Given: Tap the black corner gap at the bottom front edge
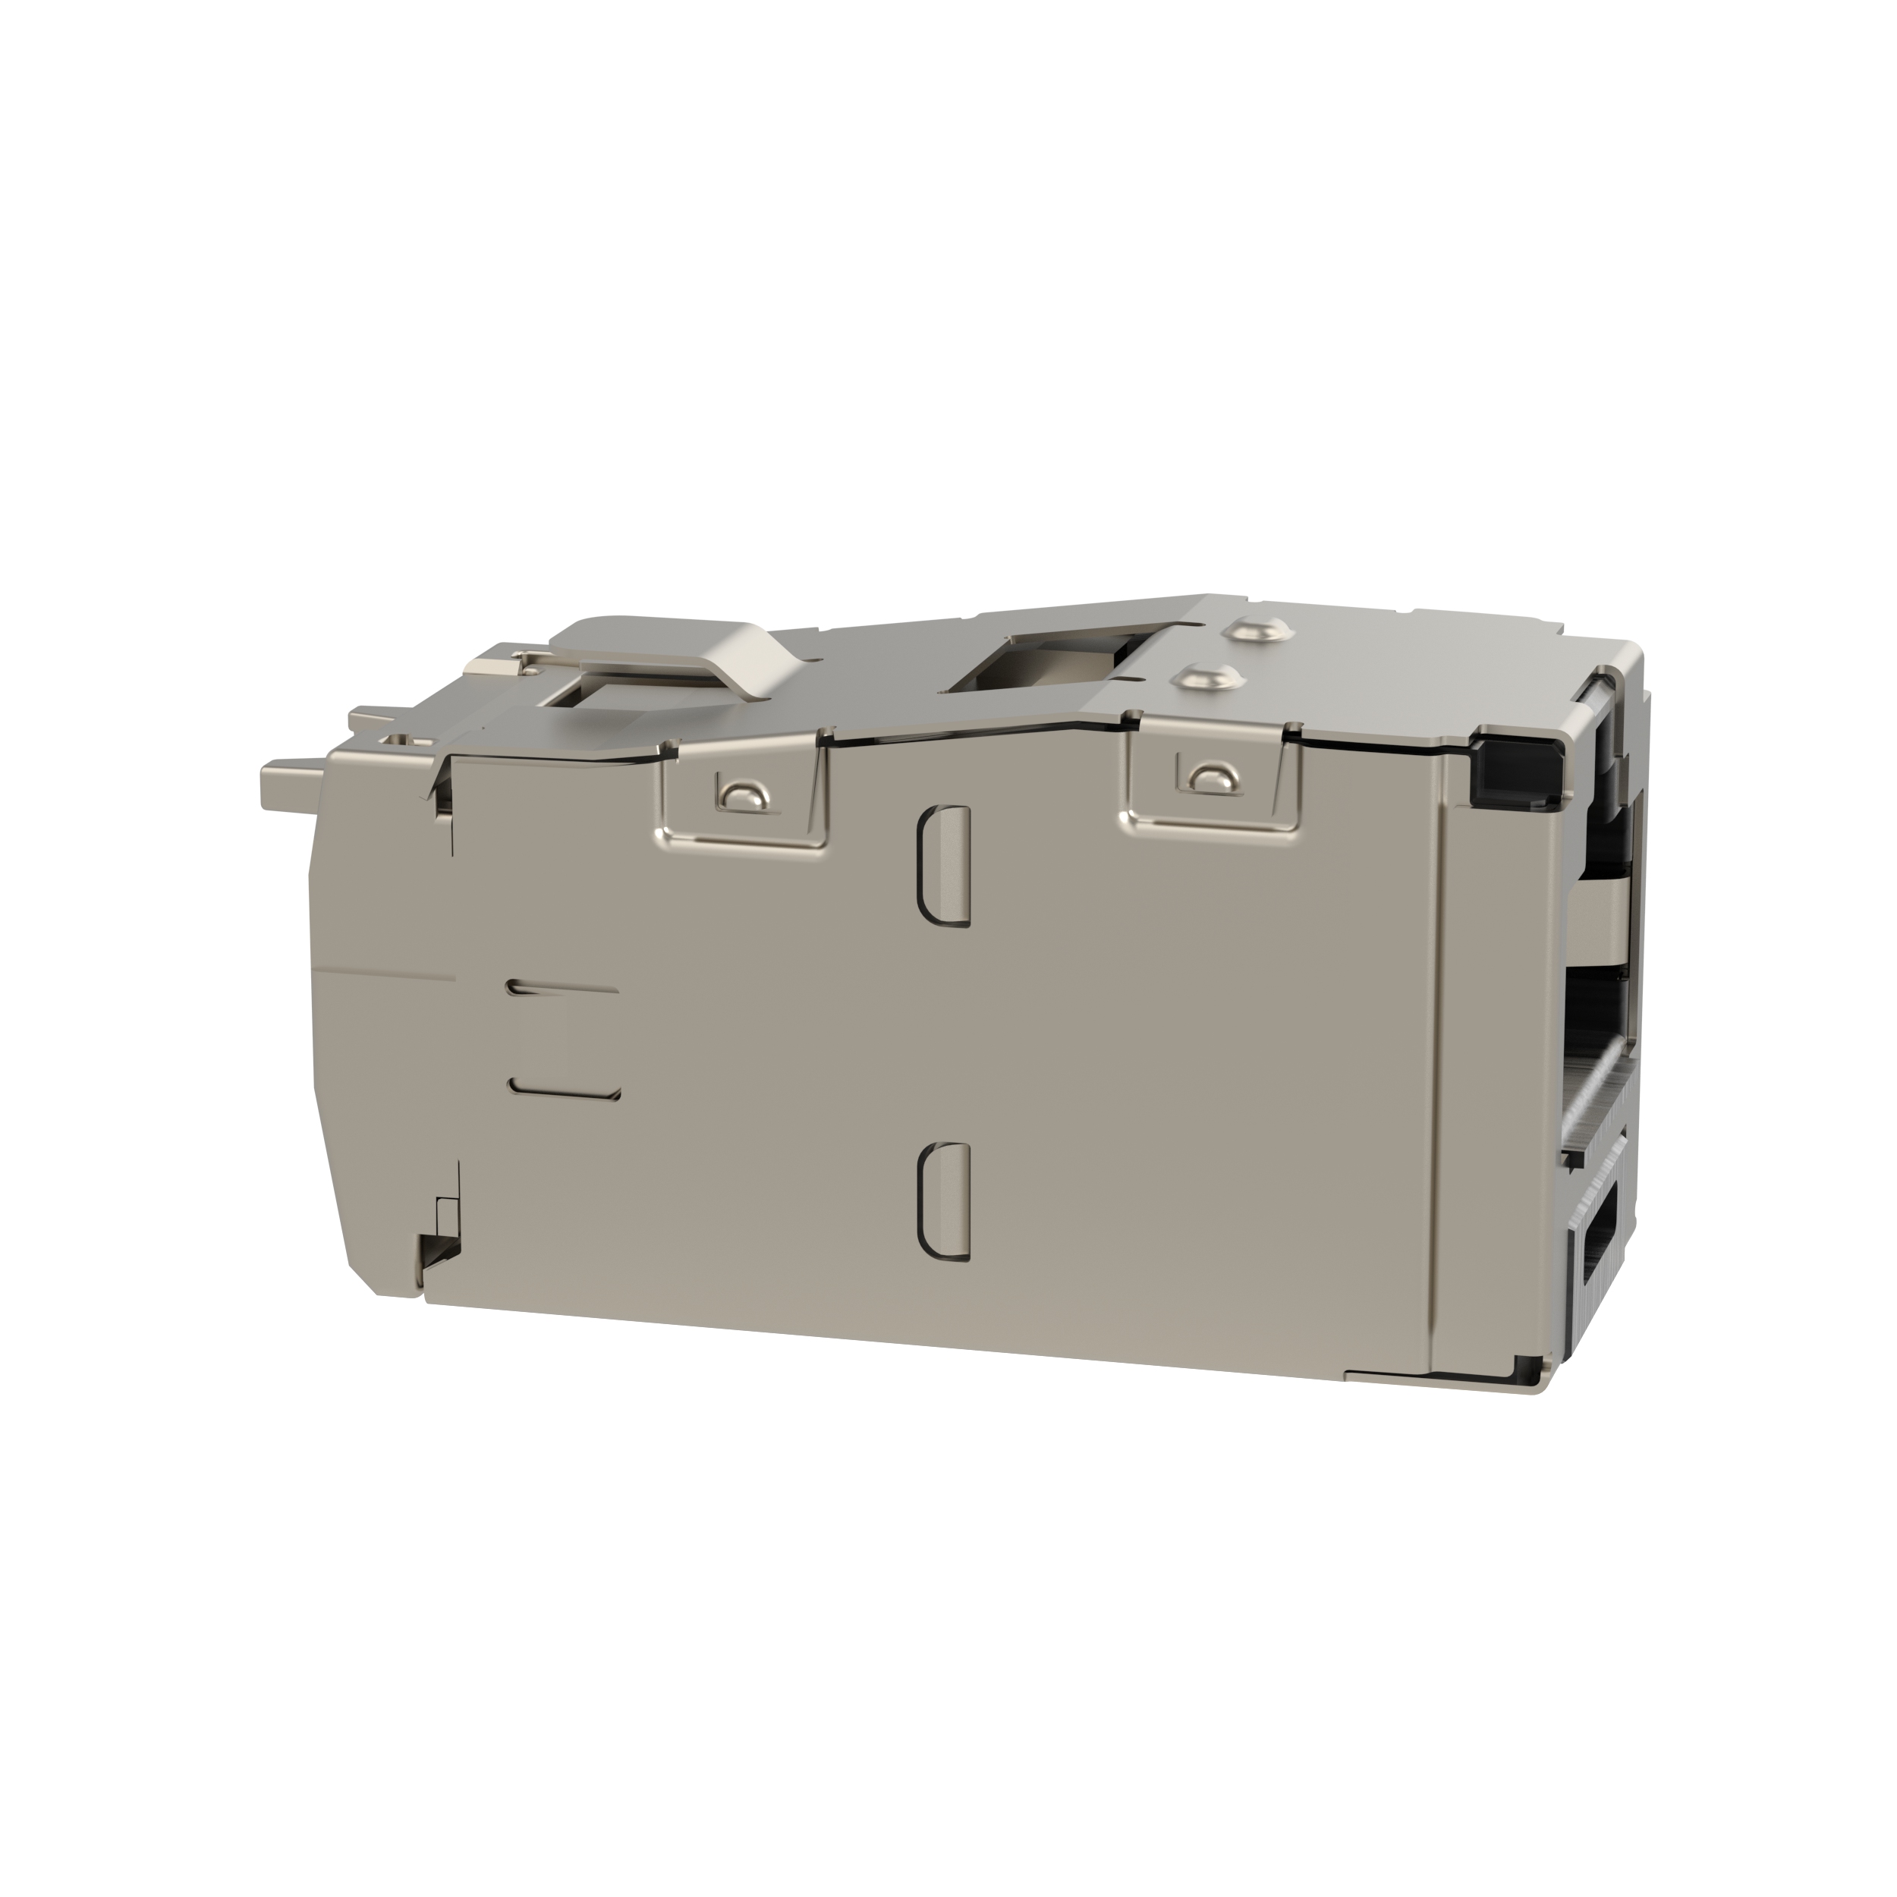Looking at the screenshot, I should click(x=1525, y=1367).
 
